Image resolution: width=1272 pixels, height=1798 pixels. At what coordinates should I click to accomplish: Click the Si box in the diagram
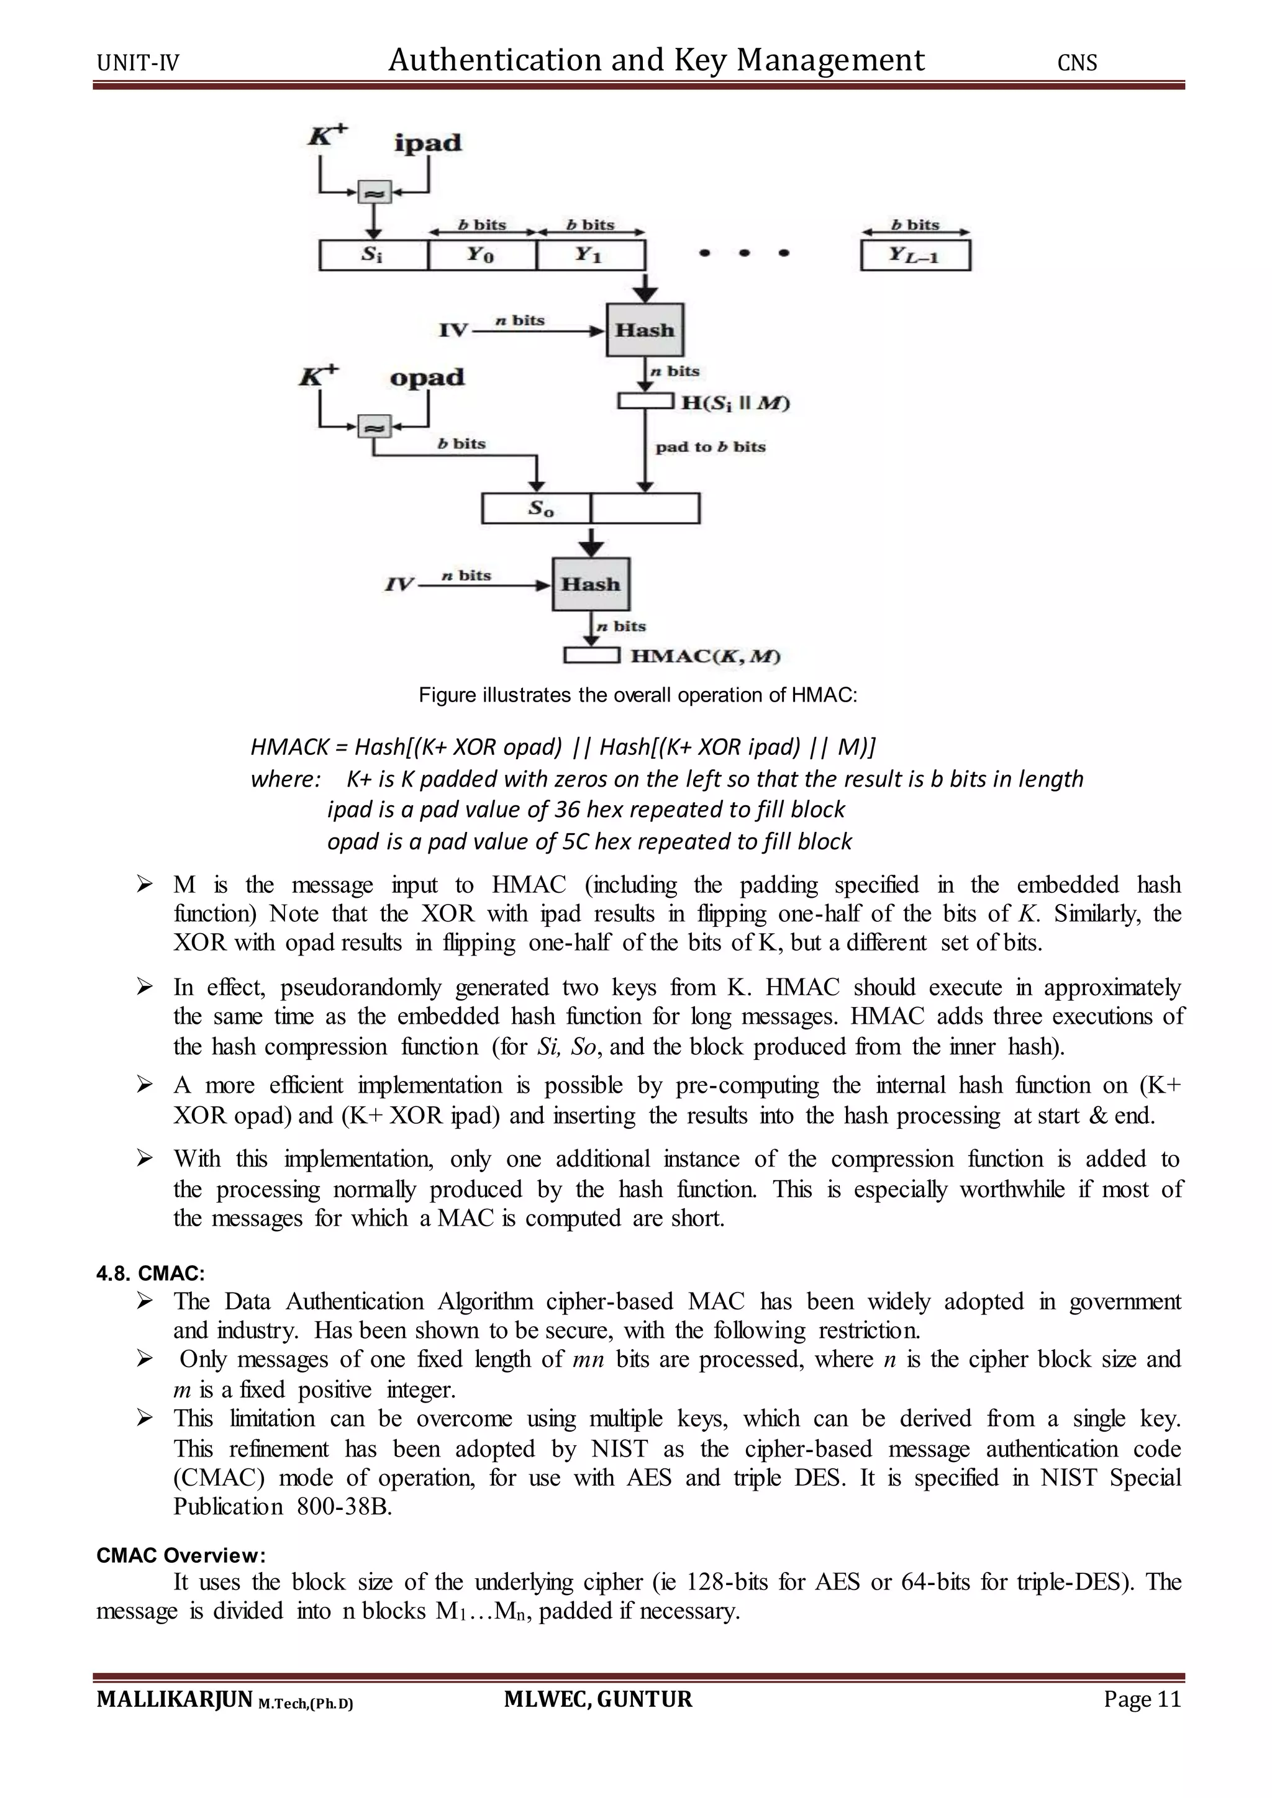point(374,255)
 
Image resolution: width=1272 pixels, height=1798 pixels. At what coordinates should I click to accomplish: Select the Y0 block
point(482,255)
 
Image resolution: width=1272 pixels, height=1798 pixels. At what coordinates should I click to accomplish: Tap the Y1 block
point(590,255)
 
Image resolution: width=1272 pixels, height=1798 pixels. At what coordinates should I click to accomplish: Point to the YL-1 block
point(915,255)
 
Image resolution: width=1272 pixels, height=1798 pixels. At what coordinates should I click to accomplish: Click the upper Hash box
point(645,330)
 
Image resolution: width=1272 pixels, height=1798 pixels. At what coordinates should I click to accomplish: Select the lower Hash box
point(591,584)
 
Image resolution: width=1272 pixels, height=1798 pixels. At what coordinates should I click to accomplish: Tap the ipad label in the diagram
point(428,143)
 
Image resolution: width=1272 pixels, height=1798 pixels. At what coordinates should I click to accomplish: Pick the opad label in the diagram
point(427,377)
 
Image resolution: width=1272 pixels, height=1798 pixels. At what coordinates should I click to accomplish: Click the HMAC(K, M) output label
point(706,656)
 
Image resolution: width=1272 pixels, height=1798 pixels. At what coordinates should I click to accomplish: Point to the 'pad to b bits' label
point(711,447)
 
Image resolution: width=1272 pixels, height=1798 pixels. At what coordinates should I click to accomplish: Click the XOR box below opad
point(374,427)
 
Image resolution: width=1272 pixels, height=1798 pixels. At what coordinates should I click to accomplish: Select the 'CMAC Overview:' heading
point(181,1555)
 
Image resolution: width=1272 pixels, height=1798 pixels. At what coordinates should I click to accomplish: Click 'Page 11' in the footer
point(1141,1699)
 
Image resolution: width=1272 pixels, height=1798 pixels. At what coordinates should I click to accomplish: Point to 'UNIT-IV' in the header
point(138,63)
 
